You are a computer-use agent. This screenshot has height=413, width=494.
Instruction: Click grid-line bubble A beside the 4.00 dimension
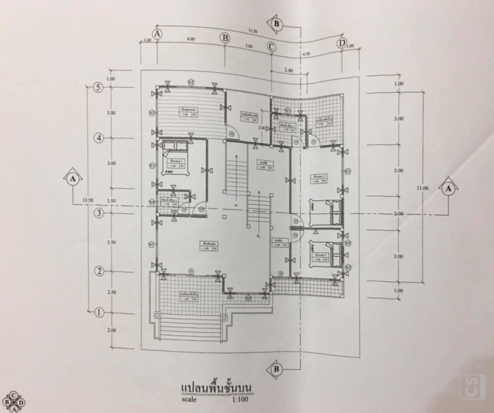coord(158,34)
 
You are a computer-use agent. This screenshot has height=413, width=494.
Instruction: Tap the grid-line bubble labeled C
coord(272,46)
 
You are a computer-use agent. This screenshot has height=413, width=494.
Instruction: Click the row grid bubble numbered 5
coord(98,87)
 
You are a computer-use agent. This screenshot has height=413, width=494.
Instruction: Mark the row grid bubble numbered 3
coord(98,214)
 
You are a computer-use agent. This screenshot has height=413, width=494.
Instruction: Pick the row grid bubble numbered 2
coord(98,271)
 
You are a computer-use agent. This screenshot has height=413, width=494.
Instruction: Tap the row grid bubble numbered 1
coord(98,312)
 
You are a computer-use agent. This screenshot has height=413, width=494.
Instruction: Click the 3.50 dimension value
coord(111,243)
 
